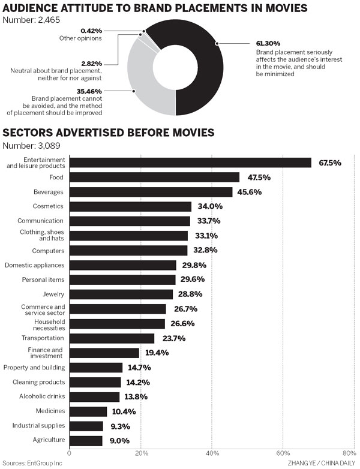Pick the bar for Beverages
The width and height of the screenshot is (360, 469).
151,192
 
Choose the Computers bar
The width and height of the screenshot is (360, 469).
128,250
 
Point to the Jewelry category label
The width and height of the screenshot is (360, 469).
53,294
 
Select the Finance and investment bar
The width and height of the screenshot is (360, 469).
104,353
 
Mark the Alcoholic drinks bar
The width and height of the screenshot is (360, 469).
94,396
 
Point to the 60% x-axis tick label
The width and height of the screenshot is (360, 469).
283,453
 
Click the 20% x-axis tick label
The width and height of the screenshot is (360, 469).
141,453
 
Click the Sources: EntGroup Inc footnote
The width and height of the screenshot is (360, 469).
34,462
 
